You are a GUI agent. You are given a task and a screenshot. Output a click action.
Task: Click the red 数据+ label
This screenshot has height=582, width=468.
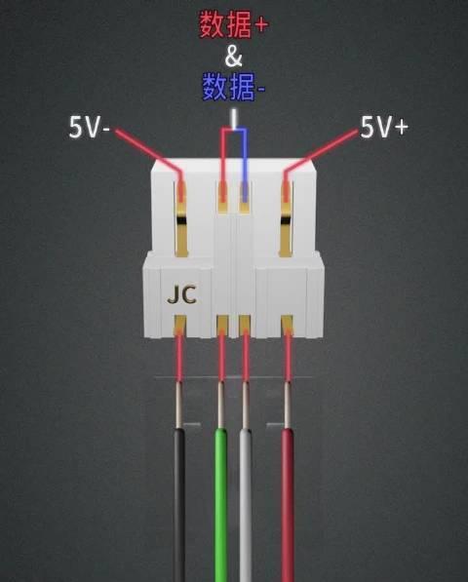[233, 24]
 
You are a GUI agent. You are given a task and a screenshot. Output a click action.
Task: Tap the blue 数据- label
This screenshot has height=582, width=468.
[233, 87]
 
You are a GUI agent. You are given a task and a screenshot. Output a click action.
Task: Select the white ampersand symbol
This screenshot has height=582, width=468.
[233, 57]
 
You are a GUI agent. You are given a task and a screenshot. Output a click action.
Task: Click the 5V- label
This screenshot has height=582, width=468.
[89, 128]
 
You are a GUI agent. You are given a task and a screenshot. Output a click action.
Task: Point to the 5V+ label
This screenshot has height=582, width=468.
[384, 128]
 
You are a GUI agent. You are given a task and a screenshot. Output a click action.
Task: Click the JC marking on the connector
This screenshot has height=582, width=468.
[181, 294]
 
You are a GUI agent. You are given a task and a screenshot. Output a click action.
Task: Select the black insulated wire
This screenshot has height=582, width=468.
[179, 505]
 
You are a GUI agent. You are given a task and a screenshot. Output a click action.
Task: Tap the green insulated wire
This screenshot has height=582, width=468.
[221, 505]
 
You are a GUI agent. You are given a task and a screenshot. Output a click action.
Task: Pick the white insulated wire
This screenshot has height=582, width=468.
[246, 505]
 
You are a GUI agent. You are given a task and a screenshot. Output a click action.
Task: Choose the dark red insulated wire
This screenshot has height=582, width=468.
[288, 505]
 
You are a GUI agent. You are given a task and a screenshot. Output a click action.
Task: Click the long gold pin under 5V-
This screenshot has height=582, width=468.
[181, 219]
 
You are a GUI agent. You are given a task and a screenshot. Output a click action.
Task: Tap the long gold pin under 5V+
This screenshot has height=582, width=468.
[286, 219]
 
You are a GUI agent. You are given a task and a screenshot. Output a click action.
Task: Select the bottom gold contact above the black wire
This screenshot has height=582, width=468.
[179, 325]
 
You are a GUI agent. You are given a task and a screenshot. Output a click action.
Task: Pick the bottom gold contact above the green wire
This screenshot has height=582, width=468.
[222, 325]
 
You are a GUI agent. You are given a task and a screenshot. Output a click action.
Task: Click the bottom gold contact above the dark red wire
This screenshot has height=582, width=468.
[287, 325]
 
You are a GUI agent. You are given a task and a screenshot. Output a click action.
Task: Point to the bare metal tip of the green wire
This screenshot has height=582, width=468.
[220, 405]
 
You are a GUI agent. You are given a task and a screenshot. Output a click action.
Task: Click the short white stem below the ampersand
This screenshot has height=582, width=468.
[233, 118]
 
